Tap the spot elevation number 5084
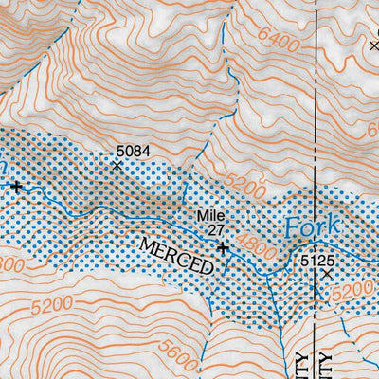pos(133,150)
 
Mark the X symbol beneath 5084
pos(117,165)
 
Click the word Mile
pos(210,215)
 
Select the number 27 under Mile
pos(215,229)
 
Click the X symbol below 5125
pos(328,273)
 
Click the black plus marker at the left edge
pos(16,187)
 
